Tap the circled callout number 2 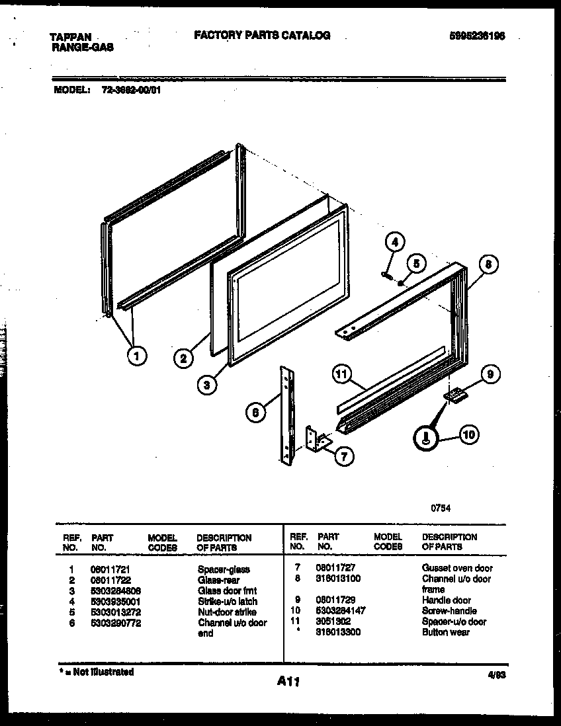point(183,359)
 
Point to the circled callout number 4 point(395,243)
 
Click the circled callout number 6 point(256,413)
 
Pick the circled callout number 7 point(344,456)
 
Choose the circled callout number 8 point(487,266)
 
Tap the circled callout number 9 point(490,375)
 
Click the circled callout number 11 point(341,375)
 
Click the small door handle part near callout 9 point(455,395)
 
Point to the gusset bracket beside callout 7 point(317,439)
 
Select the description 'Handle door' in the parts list point(446,600)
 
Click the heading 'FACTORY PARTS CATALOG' point(262,36)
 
